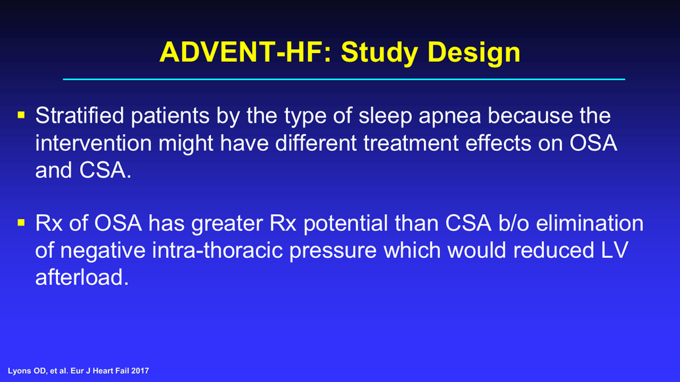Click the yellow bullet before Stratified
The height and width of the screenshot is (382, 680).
(x=21, y=115)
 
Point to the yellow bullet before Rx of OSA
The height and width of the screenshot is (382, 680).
(x=21, y=223)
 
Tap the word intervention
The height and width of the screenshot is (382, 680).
(x=93, y=143)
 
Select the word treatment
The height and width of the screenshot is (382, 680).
(x=411, y=143)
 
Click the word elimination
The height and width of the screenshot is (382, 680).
(x=590, y=223)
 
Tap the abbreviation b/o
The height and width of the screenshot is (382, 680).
(x=514, y=223)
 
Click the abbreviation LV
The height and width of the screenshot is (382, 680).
(x=614, y=250)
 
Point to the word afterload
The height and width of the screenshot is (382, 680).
(x=82, y=277)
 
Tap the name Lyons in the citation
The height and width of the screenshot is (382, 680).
(x=18, y=371)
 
